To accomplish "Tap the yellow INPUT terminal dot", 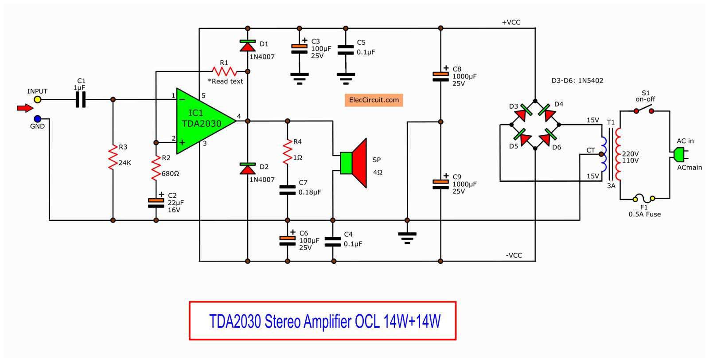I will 38,100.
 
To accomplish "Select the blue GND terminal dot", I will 38,119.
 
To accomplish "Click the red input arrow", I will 25,108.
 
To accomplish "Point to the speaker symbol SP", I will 354,163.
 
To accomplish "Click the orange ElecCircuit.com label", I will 374,100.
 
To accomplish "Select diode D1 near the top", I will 247,45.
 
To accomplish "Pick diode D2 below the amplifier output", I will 247,168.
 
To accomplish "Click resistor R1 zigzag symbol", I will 224,71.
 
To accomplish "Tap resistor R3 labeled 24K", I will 113,159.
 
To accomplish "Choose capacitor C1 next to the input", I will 80,100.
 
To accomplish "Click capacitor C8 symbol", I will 440,77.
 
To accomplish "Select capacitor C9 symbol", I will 440,184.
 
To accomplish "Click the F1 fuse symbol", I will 644,198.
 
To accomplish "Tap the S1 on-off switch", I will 644,109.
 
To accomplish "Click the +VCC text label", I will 511,22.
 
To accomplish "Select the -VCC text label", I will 514,255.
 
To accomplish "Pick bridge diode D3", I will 523,113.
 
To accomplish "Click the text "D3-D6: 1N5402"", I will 577,81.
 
